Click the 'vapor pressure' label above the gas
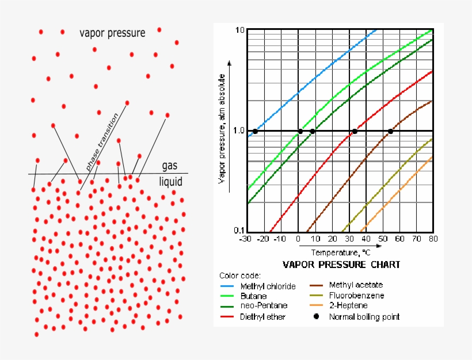click(112, 33)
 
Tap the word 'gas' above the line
click(169, 166)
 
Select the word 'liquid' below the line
click(170, 182)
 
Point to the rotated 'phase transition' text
click(102, 141)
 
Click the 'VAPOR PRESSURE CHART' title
click(341, 265)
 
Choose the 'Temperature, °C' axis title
click(341, 252)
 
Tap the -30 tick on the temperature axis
click(246, 239)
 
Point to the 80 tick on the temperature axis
click(432, 239)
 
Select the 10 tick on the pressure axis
click(240, 30)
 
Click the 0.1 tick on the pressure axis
click(239, 231)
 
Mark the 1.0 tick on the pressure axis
click(239, 131)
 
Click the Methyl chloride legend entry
click(268, 286)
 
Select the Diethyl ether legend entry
click(262, 317)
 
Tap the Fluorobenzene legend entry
click(356, 296)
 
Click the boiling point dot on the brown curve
click(391, 131)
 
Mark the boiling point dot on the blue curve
click(255, 131)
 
